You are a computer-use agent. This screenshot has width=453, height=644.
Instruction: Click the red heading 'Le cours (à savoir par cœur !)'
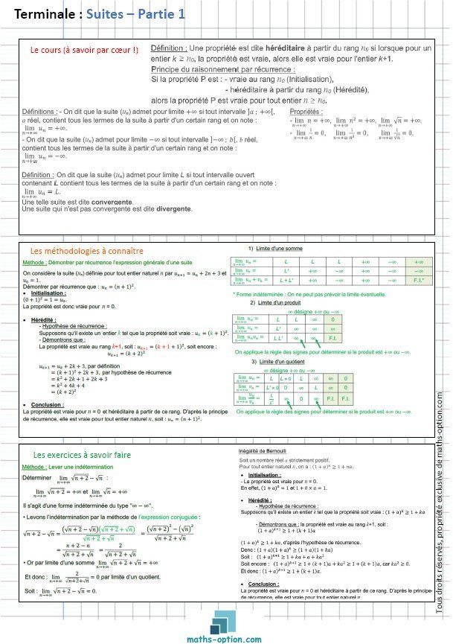(83, 51)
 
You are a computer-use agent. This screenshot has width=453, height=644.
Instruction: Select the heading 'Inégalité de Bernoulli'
(260, 449)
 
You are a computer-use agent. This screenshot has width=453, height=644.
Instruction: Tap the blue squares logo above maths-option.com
(228, 620)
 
